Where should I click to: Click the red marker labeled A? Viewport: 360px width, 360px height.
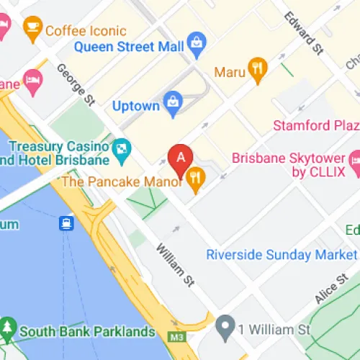pyautogui.click(x=180, y=156)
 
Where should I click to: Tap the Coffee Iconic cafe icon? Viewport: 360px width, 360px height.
pyautogui.click(x=32, y=27)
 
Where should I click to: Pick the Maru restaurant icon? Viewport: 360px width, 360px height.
pyautogui.click(x=256, y=69)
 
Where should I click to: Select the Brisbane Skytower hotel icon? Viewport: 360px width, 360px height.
pyautogui.click(x=354, y=161)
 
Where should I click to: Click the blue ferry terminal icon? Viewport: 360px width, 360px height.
pyautogui.click(x=67, y=223)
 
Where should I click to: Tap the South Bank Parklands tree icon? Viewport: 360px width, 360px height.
pyautogui.click(x=8, y=329)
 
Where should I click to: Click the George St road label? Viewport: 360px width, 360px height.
pyautogui.click(x=75, y=84)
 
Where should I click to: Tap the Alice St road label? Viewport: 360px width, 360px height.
pyautogui.click(x=331, y=289)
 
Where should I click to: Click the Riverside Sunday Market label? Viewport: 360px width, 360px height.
pyautogui.click(x=280, y=255)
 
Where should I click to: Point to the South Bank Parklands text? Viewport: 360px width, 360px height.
pyautogui.click(x=87, y=332)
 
